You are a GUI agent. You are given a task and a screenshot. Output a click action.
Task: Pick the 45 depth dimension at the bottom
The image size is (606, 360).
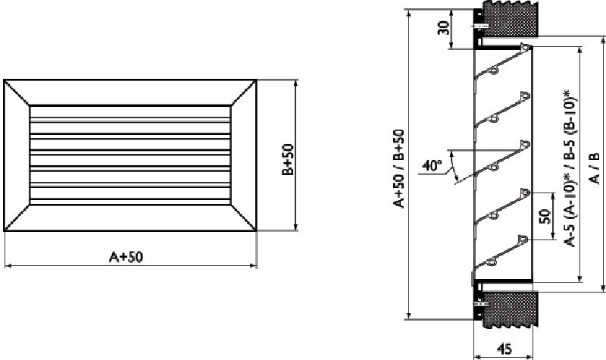click(x=504, y=349)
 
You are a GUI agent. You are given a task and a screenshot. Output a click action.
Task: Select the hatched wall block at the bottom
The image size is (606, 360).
click(x=512, y=311)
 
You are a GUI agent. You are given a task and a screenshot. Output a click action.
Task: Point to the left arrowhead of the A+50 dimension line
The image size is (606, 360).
click(x=8, y=265)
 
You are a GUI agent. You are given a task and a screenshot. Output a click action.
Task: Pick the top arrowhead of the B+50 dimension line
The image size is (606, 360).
click(x=296, y=81)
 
